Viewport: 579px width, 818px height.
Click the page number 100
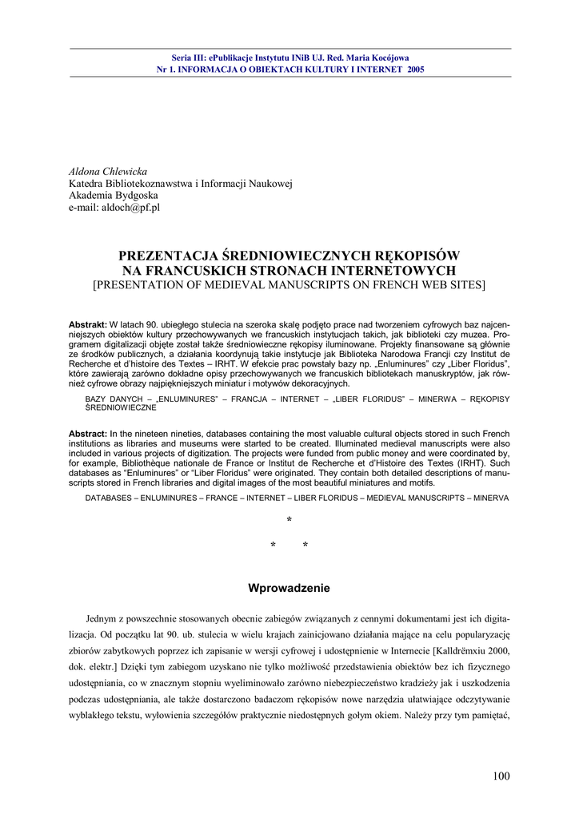501,776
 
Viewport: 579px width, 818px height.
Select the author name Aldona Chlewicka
108,172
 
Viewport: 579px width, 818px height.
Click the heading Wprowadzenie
289,589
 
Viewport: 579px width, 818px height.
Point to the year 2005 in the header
415,69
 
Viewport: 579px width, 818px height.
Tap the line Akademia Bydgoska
114,196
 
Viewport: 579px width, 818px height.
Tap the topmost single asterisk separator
289,521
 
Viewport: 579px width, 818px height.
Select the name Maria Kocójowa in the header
379,58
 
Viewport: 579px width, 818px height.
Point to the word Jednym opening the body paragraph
100,618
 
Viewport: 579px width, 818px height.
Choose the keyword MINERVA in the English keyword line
489,497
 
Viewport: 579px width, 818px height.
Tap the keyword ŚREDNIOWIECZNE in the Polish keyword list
120,407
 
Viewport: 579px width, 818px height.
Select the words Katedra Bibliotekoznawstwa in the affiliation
126,184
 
